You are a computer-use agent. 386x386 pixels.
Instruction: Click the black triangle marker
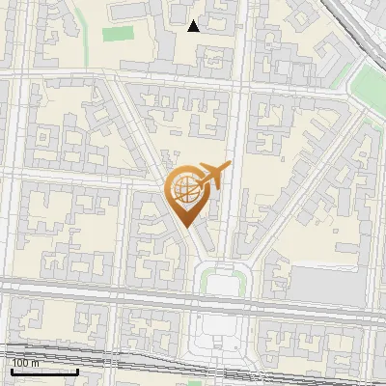pos(194,26)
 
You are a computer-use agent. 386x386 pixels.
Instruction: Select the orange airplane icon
pos(211,177)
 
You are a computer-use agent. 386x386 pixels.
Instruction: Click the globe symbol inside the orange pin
pos(187,191)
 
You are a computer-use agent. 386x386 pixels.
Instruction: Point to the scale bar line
pos(45,371)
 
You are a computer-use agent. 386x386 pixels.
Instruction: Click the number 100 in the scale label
pos(20,363)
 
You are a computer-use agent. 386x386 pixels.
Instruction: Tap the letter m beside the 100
pos(36,363)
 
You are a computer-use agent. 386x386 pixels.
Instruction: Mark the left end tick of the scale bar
pos(13,370)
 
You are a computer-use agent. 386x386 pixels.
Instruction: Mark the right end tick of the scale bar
pos(78,370)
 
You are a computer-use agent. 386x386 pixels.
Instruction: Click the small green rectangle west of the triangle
pos(117,34)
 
